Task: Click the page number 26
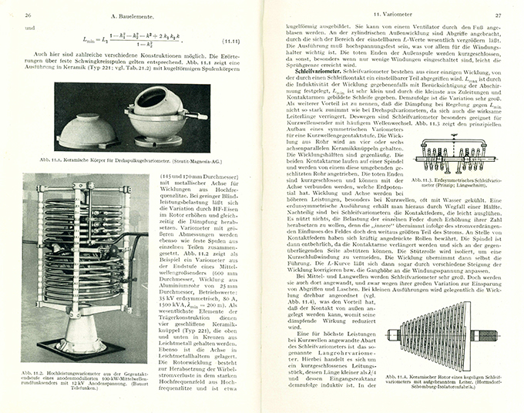(x=27, y=14)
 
